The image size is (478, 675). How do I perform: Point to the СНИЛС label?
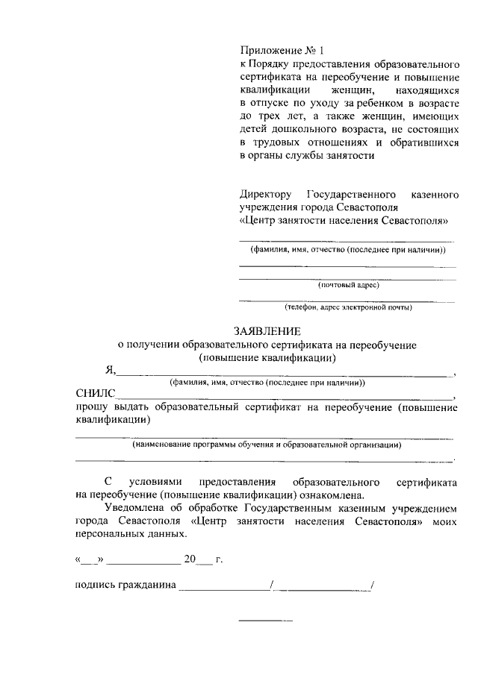(x=96, y=395)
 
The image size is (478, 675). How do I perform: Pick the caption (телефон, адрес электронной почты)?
(x=348, y=307)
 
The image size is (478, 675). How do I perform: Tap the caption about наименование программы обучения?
(x=267, y=445)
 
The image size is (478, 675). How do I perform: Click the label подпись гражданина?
(x=125, y=585)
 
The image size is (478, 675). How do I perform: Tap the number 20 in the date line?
(x=189, y=559)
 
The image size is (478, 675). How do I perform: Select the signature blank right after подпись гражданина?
(x=225, y=588)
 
